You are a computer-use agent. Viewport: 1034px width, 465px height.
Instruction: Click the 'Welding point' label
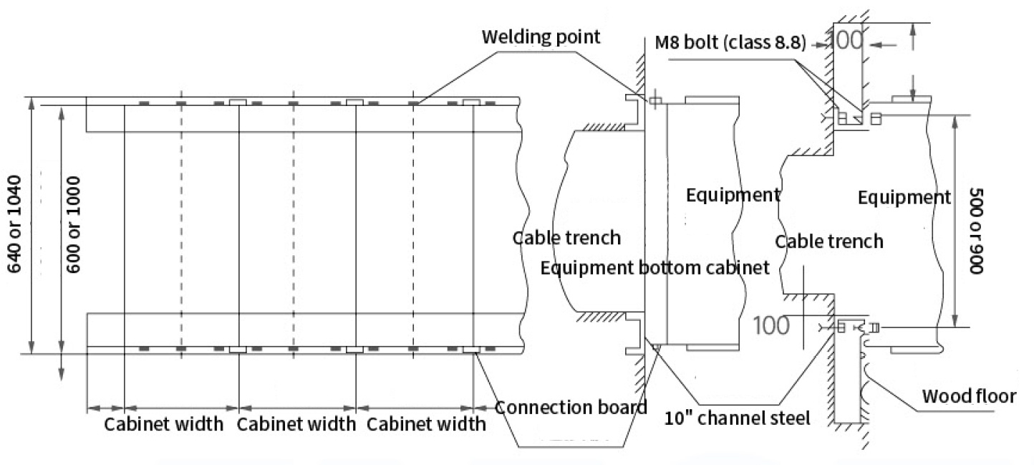coord(541,37)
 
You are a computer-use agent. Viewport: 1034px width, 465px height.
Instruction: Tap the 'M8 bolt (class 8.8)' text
coord(730,42)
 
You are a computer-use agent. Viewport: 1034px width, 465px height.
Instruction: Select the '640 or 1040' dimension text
coord(14,224)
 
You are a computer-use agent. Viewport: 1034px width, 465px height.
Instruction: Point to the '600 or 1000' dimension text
coord(73,224)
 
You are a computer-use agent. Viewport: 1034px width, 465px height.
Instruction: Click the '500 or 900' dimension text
coord(976,231)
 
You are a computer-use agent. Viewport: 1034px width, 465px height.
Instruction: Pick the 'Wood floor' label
coord(969,396)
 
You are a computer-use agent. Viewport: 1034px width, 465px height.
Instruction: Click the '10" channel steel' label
coord(737,418)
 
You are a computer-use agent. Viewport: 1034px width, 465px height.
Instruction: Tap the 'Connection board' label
coord(571,407)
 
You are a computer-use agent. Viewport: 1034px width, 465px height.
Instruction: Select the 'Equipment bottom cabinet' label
coord(654,268)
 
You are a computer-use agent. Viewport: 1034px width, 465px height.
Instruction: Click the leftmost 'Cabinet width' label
coord(163,424)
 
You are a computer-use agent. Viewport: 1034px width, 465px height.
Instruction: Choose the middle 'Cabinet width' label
coord(296,424)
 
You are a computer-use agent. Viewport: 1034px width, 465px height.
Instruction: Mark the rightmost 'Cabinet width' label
coord(425,424)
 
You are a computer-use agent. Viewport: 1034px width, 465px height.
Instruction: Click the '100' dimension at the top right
coord(845,41)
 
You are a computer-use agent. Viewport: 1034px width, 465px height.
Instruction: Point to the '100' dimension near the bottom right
coord(771,325)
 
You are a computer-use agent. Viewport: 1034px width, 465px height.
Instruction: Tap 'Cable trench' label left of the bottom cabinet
coord(566,238)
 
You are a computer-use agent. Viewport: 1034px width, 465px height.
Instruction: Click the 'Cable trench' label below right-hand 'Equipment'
coord(829,241)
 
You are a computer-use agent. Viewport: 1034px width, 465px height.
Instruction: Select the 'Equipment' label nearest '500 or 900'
coord(904,198)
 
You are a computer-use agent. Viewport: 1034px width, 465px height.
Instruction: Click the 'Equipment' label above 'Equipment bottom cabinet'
coord(733,195)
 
